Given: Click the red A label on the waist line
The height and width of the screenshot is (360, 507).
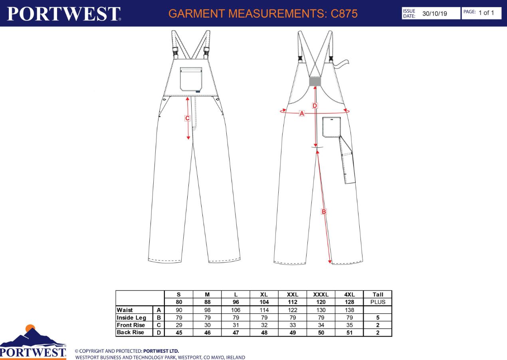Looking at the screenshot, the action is [302, 113].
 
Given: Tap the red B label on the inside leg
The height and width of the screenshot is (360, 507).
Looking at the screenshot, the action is [324, 212].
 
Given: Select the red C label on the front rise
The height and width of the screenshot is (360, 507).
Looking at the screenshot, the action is [187, 118].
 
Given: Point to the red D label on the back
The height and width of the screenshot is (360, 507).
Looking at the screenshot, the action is [315, 105].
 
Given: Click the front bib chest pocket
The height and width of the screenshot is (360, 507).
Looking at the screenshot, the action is [191, 79].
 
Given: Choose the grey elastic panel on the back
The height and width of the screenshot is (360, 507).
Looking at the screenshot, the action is [315, 82].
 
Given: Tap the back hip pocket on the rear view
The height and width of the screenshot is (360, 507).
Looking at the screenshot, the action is [332, 127].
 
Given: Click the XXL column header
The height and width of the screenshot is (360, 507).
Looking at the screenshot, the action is [293, 294].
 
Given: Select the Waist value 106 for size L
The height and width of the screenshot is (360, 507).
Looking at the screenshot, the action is [236, 310].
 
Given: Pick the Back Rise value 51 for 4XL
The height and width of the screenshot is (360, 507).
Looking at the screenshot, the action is [349, 332].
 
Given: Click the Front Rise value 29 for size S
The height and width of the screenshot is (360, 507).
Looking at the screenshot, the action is [179, 325].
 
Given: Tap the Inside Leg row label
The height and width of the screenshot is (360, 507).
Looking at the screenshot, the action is [131, 318].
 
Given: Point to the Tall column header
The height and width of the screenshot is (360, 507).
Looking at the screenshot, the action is [378, 294].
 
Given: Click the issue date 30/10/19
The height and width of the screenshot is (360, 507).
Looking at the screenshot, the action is [435, 14].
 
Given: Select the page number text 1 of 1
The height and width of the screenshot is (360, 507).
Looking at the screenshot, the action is [486, 13].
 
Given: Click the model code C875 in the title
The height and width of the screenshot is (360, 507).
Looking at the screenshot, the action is [344, 14].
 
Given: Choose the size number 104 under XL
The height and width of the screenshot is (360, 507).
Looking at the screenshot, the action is [264, 302].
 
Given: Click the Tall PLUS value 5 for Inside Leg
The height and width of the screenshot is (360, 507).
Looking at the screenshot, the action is [378, 318].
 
